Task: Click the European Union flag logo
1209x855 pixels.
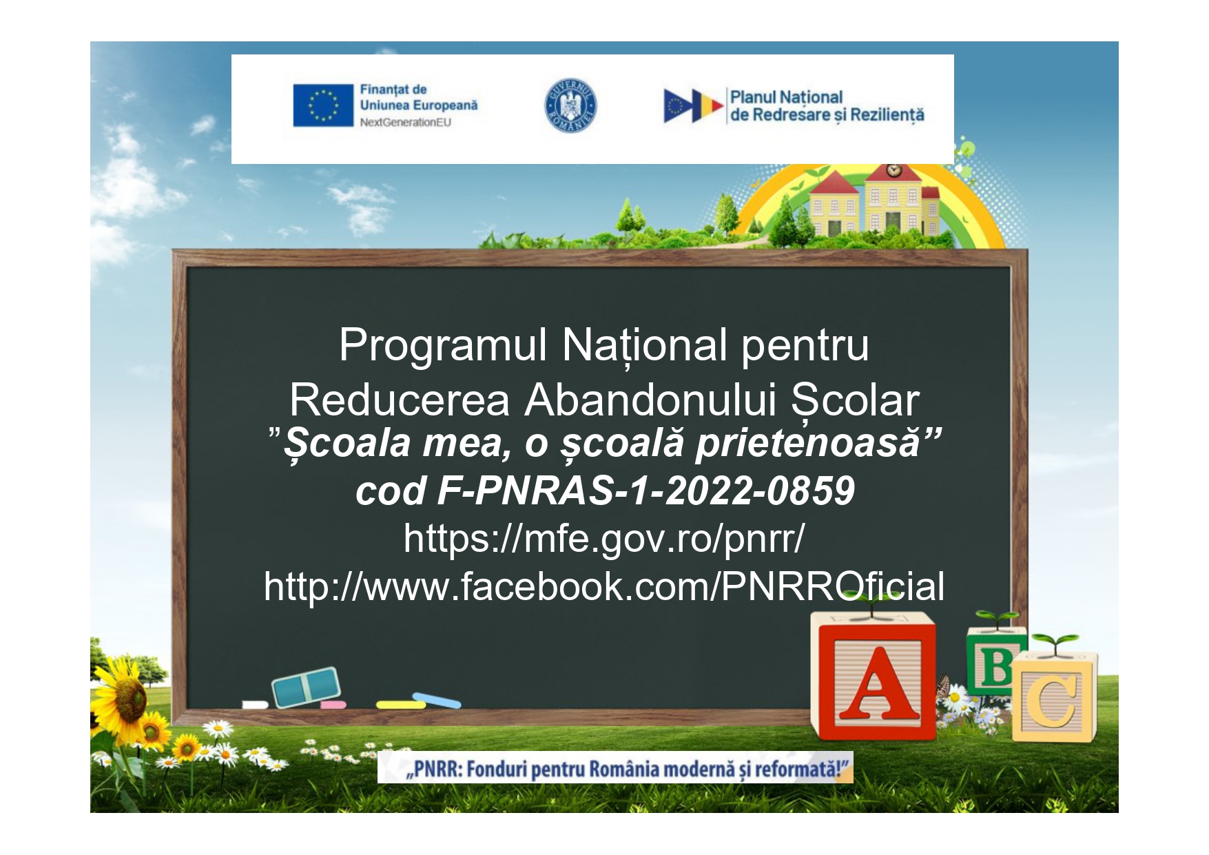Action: [x=322, y=105]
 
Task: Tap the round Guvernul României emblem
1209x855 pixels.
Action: [x=570, y=106]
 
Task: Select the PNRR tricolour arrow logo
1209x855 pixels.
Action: [x=692, y=106]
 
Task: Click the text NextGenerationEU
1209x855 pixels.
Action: [x=405, y=123]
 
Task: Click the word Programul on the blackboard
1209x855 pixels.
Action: [x=443, y=346]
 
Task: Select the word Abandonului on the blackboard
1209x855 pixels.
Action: [x=650, y=400]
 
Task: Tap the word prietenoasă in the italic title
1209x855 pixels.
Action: [x=807, y=443]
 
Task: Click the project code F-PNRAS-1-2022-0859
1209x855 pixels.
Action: [x=645, y=491]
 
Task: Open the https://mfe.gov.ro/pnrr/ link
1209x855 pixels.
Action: [x=604, y=538]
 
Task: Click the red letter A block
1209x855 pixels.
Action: [x=875, y=679]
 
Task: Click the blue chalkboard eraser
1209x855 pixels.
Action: [x=306, y=687]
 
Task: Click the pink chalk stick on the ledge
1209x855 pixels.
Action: [x=333, y=705]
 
